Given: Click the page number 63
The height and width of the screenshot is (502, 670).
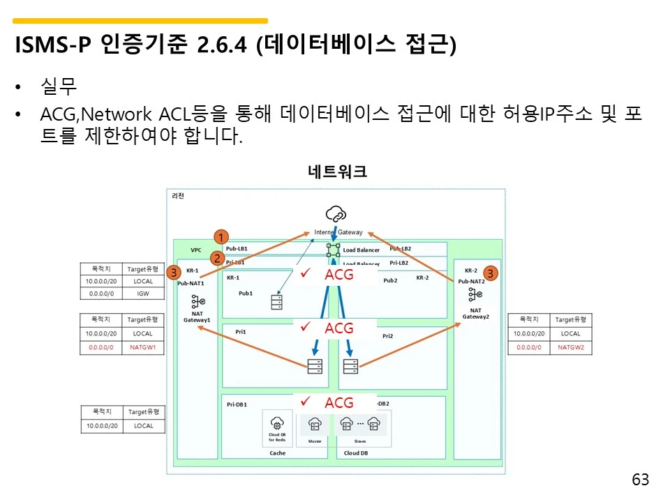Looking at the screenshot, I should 640,480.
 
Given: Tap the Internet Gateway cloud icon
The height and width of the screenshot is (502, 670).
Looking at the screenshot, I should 336,213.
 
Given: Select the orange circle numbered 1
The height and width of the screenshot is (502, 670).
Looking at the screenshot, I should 221,237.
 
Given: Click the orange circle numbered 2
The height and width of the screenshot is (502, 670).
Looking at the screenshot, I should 218,258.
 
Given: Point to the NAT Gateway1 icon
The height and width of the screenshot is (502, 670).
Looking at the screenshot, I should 197,302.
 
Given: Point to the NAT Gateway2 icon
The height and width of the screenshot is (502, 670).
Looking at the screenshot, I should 475,294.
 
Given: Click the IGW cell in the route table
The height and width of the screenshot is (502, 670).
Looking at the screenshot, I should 144,294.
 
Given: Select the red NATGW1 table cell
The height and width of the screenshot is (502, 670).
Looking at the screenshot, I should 144,346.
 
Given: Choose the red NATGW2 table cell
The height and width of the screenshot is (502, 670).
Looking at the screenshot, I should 570,347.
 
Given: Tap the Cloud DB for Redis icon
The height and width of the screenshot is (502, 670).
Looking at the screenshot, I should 277,423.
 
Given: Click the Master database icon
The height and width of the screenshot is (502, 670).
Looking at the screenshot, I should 314,423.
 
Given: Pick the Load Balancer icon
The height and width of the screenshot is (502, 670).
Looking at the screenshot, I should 333,249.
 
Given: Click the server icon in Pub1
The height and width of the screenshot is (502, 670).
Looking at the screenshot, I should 277,302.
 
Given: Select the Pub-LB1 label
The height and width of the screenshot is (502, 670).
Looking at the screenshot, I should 237,248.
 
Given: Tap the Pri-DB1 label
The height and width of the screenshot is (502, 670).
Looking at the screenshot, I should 237,404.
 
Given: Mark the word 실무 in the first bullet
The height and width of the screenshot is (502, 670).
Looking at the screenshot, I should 59,88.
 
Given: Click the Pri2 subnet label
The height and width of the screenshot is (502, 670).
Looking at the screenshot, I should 388,336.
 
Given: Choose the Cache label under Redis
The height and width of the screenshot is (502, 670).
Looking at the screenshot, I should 278,453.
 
